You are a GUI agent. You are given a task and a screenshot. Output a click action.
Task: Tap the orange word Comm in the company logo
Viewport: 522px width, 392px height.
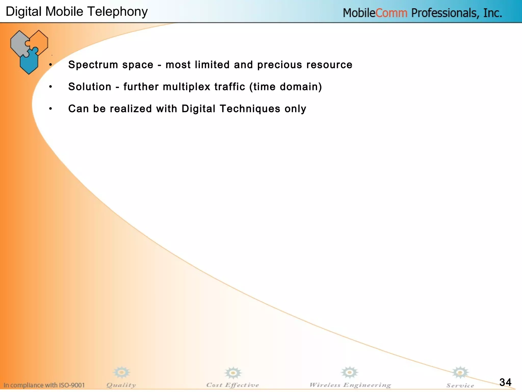click(x=391, y=13)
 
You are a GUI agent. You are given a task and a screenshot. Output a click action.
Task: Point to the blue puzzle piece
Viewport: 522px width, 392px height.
click(x=29, y=61)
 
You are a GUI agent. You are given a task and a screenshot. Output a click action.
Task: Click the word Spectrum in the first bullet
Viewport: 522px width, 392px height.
click(x=93, y=65)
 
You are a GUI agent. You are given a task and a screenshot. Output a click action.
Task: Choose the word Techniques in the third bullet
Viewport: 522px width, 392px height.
click(x=250, y=109)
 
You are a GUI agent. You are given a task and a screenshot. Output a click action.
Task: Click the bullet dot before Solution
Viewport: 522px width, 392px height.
click(x=51, y=87)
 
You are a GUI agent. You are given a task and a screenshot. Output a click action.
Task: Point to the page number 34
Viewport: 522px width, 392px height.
click(x=505, y=382)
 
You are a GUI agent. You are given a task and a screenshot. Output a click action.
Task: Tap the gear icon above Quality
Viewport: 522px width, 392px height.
click(x=122, y=372)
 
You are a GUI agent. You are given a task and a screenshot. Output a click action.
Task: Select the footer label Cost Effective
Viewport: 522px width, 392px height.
click(x=232, y=385)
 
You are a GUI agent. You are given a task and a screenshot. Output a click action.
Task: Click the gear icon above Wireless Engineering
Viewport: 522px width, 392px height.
click(x=349, y=372)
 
